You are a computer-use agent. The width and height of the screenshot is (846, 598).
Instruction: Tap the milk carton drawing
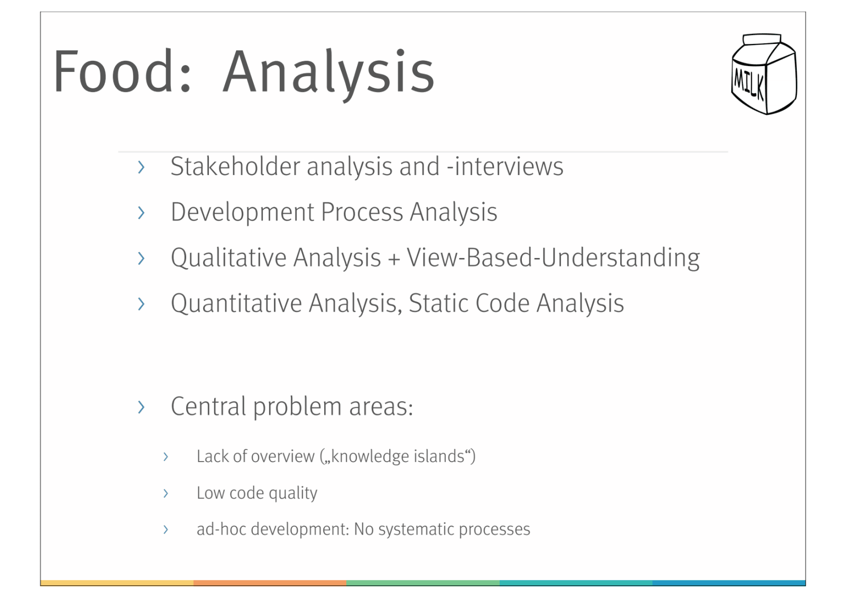click(x=764, y=74)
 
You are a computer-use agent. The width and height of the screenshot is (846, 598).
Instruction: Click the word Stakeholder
click(x=235, y=166)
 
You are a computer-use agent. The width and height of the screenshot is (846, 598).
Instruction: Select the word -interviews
click(x=505, y=166)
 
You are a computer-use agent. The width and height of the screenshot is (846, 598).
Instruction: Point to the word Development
click(x=243, y=213)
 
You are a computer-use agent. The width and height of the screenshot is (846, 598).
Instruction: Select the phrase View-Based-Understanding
click(x=553, y=258)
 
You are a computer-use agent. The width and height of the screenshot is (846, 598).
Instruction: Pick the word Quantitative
click(x=236, y=303)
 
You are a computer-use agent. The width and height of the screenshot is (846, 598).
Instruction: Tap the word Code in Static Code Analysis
click(x=502, y=303)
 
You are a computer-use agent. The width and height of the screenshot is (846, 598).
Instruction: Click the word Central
click(x=208, y=407)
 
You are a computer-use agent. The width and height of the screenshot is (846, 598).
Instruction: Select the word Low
click(x=210, y=493)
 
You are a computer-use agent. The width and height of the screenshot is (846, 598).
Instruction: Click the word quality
click(x=293, y=493)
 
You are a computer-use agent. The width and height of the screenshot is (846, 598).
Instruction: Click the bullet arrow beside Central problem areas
click(x=141, y=407)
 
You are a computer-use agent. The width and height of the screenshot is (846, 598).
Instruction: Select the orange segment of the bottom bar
click(x=270, y=583)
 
